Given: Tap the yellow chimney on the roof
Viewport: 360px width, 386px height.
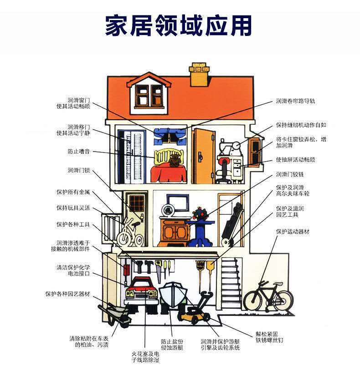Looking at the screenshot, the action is pos(199,76).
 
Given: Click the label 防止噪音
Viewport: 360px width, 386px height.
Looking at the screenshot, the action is pos(79,151).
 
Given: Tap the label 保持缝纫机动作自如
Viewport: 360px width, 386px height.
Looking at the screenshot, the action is pos(301,125).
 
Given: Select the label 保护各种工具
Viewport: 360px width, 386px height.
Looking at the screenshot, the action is pos(73,224).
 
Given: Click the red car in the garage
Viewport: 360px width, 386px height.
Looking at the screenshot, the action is pos(141,294).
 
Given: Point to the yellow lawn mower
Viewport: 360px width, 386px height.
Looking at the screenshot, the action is pos(193,313).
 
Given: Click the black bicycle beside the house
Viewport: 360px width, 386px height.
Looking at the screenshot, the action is pos(267,297).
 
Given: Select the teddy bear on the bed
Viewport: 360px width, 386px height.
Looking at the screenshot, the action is pos(174,160).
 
